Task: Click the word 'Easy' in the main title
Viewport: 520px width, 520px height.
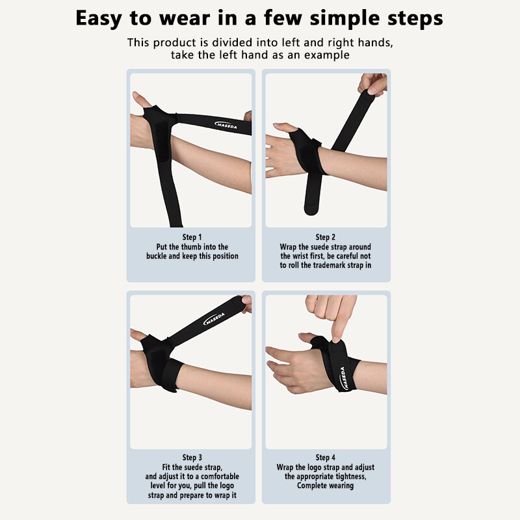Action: tap(99, 18)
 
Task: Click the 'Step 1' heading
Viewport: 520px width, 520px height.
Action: tap(192, 237)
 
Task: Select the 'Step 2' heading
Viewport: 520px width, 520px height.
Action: tap(326, 237)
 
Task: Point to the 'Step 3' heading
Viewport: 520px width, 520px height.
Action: tap(192, 458)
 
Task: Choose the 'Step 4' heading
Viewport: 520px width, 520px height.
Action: tap(326, 458)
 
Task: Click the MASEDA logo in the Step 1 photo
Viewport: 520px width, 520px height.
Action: tap(226, 125)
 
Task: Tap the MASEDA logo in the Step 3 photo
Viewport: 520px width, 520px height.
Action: tap(214, 318)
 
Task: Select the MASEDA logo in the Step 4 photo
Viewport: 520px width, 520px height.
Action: tap(344, 378)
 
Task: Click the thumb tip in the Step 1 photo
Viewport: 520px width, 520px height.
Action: tap(135, 95)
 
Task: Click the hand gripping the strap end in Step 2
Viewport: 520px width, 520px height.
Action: tap(372, 84)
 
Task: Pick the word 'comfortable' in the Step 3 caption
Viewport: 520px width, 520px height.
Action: tap(220, 476)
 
